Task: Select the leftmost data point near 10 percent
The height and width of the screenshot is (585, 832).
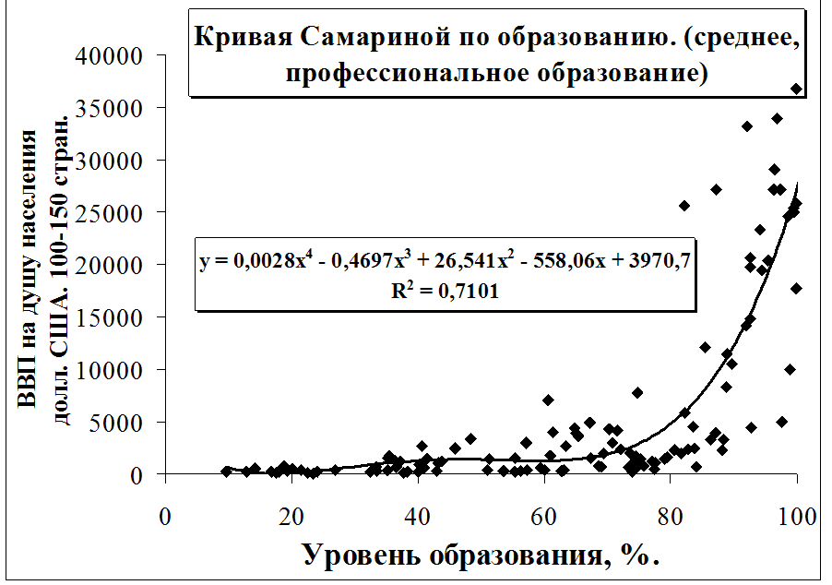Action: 226,471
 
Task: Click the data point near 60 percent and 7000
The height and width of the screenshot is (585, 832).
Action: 548,400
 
